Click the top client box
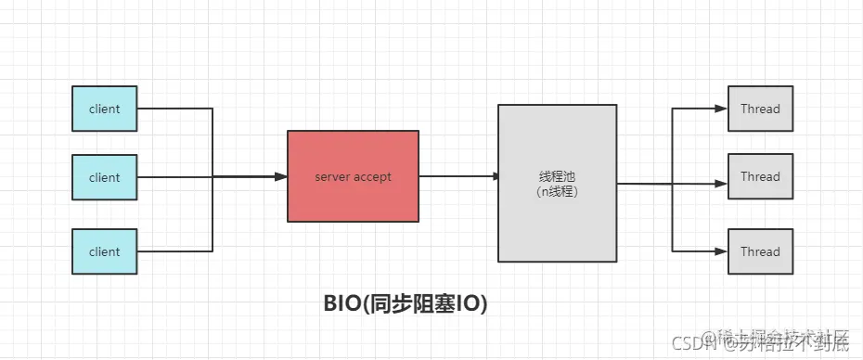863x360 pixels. tap(105, 109)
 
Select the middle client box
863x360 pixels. tap(105, 177)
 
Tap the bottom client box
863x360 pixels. tap(105, 251)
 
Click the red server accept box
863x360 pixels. tap(353, 176)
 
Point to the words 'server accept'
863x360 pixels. tap(353, 176)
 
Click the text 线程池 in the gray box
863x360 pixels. tap(557, 176)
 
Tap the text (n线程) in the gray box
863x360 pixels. tap(557, 191)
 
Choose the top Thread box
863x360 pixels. tap(760, 109)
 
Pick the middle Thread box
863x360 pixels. tap(760, 176)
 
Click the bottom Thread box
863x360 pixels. tap(760, 251)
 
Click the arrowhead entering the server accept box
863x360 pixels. tap(281, 176)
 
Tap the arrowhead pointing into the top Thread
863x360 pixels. tap(722, 109)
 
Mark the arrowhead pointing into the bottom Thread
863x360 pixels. tap(722, 251)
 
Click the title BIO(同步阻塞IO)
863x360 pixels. tap(406, 303)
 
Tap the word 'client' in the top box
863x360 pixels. tap(105, 109)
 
